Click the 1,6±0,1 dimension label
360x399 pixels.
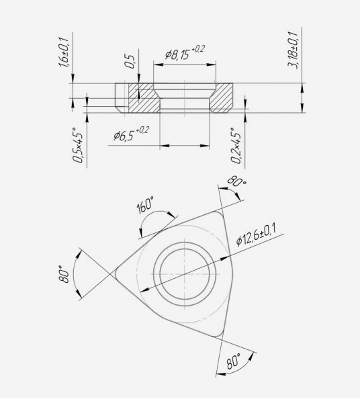63,52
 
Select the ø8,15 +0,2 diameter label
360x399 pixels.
185,52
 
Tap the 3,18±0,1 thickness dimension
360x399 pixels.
293,50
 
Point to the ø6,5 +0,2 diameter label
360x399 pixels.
131,134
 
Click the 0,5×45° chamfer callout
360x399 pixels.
78,144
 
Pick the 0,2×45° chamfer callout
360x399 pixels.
236,145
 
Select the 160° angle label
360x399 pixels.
145,206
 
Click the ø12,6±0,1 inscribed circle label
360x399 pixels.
257,234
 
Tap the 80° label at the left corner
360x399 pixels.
64,274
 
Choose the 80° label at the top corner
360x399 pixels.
236,181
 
